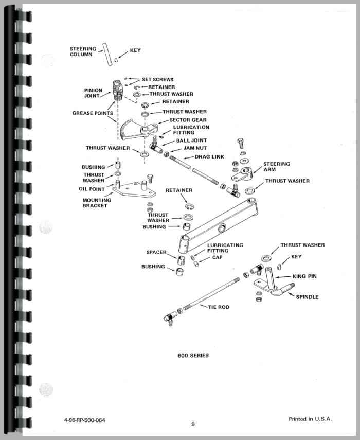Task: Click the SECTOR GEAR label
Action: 174,119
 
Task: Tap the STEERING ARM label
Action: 277,167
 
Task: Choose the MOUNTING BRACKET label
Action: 95,203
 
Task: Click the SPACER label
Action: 156,252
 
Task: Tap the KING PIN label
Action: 305,276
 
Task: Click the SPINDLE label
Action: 307,297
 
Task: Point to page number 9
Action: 193,424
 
